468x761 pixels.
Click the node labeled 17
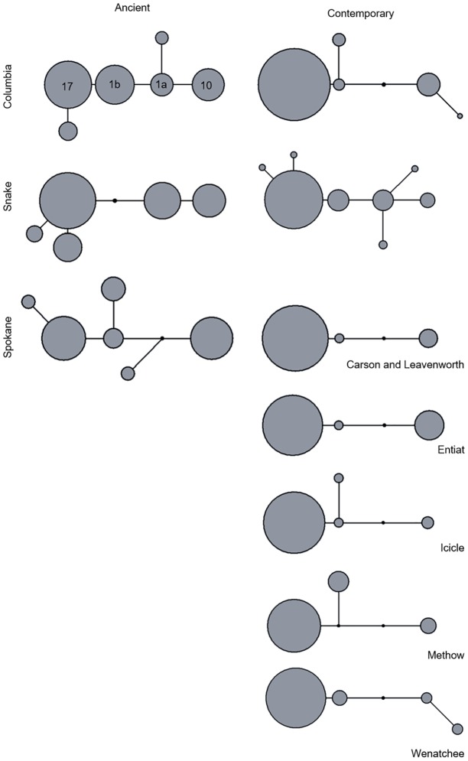[67, 87]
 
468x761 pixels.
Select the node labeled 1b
[115, 84]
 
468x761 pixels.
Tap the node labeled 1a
[161, 84]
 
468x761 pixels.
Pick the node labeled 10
[207, 85]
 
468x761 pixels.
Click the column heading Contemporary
[359, 14]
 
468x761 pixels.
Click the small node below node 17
[68, 131]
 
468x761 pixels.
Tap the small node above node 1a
[161, 37]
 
